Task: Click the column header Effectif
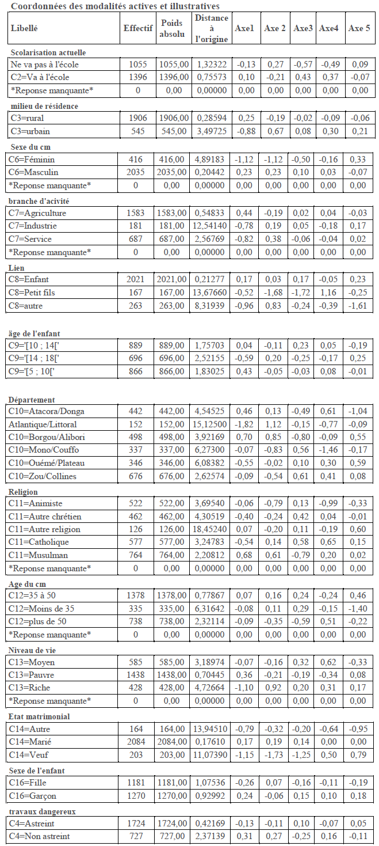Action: [x=138, y=28]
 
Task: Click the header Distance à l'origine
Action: [x=211, y=28]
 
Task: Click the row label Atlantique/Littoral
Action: [x=44, y=424]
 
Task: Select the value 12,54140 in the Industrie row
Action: [x=211, y=226]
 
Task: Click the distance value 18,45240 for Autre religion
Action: [x=211, y=529]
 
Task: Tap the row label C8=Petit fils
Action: [x=33, y=293]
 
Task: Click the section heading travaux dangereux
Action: [x=43, y=811]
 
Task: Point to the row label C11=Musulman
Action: [x=39, y=555]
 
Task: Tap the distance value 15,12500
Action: [x=211, y=424]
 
